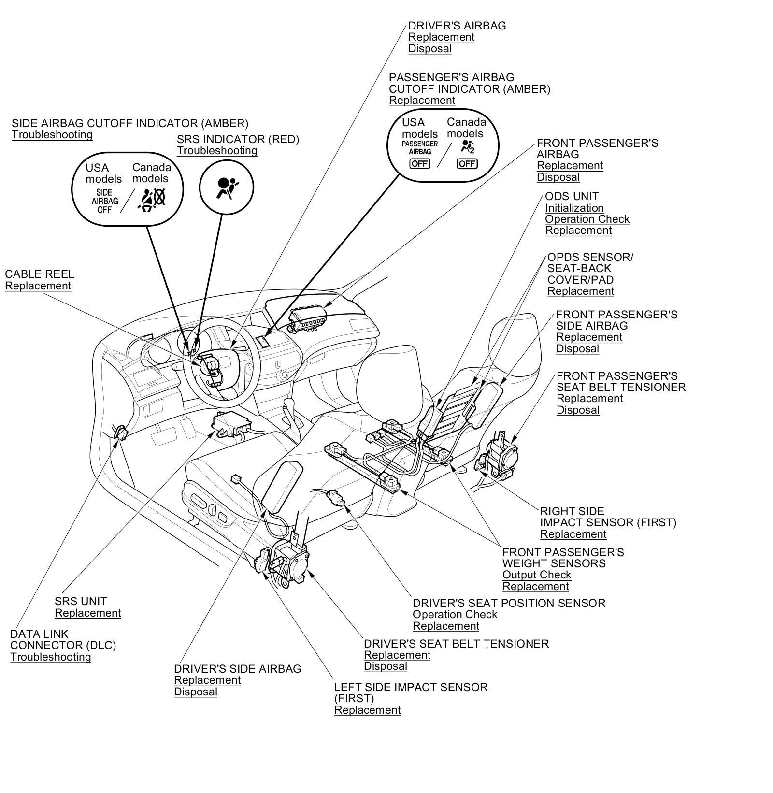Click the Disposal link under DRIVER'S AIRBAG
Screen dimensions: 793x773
[x=429, y=49]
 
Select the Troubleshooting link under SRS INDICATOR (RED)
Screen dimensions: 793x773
[x=216, y=151]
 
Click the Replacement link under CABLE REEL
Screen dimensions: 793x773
[x=38, y=286]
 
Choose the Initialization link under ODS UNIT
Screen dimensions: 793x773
[x=574, y=208]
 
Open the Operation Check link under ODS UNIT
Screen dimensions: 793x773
[x=587, y=219]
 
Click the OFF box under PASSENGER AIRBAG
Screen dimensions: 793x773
[x=419, y=164]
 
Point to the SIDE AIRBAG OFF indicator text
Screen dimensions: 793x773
[x=105, y=201]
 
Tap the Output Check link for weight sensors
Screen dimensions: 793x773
[x=536, y=576]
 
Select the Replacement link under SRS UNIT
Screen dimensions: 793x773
[x=87, y=613]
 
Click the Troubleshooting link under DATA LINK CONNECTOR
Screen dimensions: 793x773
[x=50, y=657]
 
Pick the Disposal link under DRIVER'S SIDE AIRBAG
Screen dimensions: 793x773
[x=195, y=692]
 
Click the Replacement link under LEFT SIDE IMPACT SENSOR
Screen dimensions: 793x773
[x=367, y=710]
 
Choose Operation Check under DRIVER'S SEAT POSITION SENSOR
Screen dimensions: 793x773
[x=455, y=615]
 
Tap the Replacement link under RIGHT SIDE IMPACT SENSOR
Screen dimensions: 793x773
[x=573, y=534]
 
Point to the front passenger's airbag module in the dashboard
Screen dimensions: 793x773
[x=308, y=319]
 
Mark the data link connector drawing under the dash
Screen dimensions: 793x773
[x=120, y=432]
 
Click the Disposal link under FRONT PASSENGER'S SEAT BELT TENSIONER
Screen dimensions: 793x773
[x=577, y=410]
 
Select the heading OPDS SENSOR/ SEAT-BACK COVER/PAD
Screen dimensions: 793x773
[x=589, y=269]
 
